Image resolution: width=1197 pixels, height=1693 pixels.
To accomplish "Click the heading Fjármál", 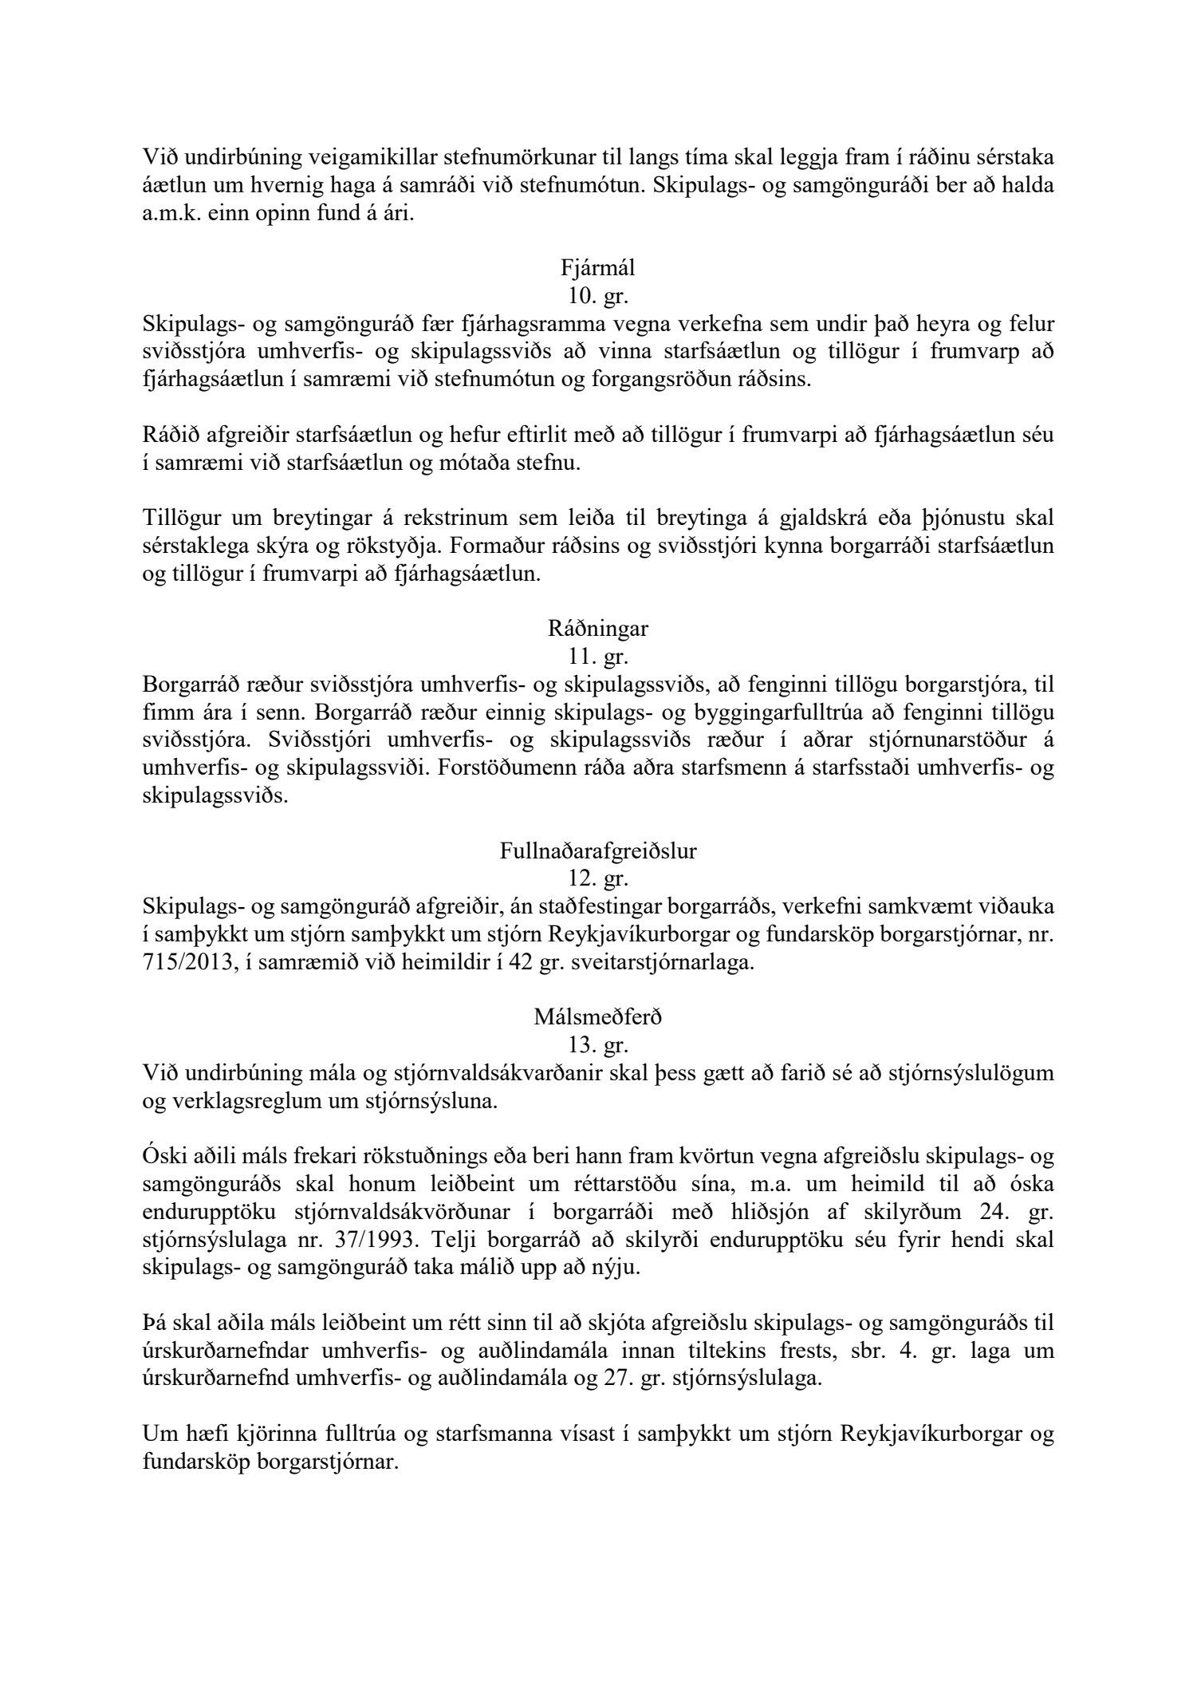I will point(598,270).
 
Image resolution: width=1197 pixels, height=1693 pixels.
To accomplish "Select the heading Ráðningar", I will point(598,629).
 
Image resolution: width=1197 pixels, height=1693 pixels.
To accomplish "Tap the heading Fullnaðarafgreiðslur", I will point(598,850).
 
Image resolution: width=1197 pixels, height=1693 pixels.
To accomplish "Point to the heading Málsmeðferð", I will point(598,1018).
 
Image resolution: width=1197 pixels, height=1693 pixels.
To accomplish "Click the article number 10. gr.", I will point(598,298).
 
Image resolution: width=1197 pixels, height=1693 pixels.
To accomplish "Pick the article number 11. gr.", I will point(598,657).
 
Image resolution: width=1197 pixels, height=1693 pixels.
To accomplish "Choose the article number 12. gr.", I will point(598,878).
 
